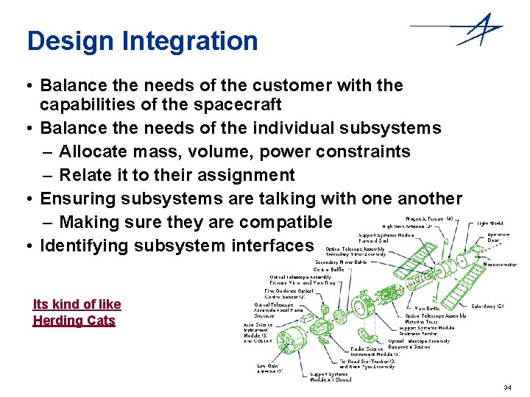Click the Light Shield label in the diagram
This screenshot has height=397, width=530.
(x=491, y=223)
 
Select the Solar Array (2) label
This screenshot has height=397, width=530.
(x=487, y=306)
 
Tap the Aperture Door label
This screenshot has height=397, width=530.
(x=498, y=238)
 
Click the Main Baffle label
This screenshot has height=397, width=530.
(x=428, y=308)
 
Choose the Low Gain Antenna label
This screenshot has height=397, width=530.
(x=269, y=368)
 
